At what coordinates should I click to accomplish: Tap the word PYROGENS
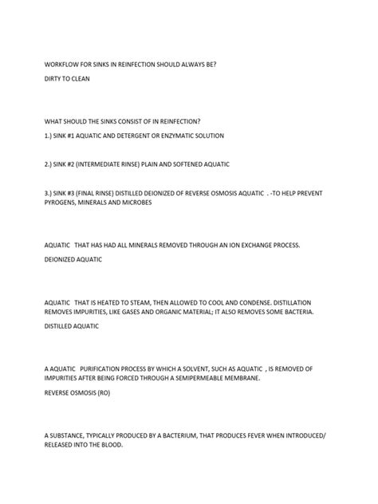[x=61, y=203]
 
